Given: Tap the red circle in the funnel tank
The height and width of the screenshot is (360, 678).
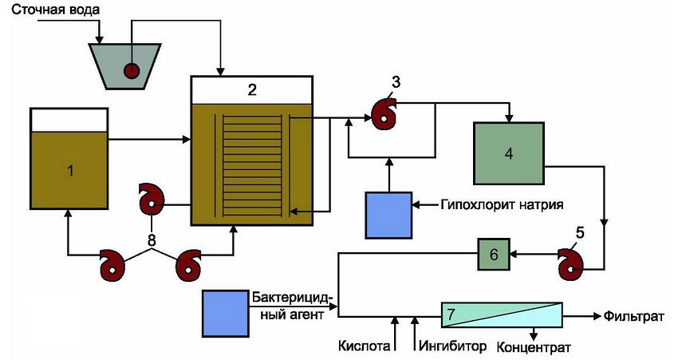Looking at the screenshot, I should [x=131, y=70].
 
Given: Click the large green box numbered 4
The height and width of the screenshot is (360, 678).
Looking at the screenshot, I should [x=508, y=154].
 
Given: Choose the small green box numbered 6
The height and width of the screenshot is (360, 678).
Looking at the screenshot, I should [x=493, y=254].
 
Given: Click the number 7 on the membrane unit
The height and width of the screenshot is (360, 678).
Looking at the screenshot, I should [x=451, y=315].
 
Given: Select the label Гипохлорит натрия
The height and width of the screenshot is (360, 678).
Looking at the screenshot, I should [x=501, y=204].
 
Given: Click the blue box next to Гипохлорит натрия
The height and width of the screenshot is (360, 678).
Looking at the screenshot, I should [x=388, y=215].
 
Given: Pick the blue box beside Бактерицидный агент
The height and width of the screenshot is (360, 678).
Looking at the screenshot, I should [x=226, y=314].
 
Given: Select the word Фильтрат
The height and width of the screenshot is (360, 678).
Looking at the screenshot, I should [x=635, y=317].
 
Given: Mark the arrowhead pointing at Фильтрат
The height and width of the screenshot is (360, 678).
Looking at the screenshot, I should [x=597, y=316].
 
